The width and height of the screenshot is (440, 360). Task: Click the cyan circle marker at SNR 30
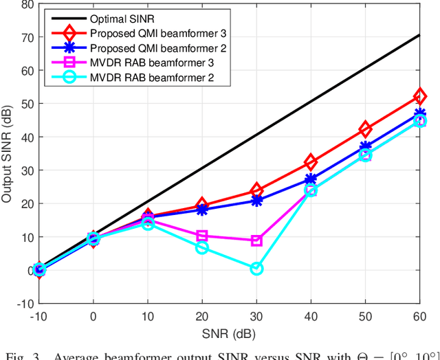(256, 269)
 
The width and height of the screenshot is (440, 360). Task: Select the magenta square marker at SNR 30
(256, 240)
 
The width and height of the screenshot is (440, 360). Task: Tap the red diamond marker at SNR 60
(419, 97)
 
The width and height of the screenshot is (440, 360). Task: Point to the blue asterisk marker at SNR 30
(256, 201)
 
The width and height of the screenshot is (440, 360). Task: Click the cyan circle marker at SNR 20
(202, 247)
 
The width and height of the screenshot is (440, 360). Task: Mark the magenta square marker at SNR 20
(202, 236)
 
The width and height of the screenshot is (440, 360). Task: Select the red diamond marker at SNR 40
(311, 162)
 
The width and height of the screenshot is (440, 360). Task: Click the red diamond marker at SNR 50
(365, 130)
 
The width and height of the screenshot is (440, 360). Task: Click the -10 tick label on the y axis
(23, 303)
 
